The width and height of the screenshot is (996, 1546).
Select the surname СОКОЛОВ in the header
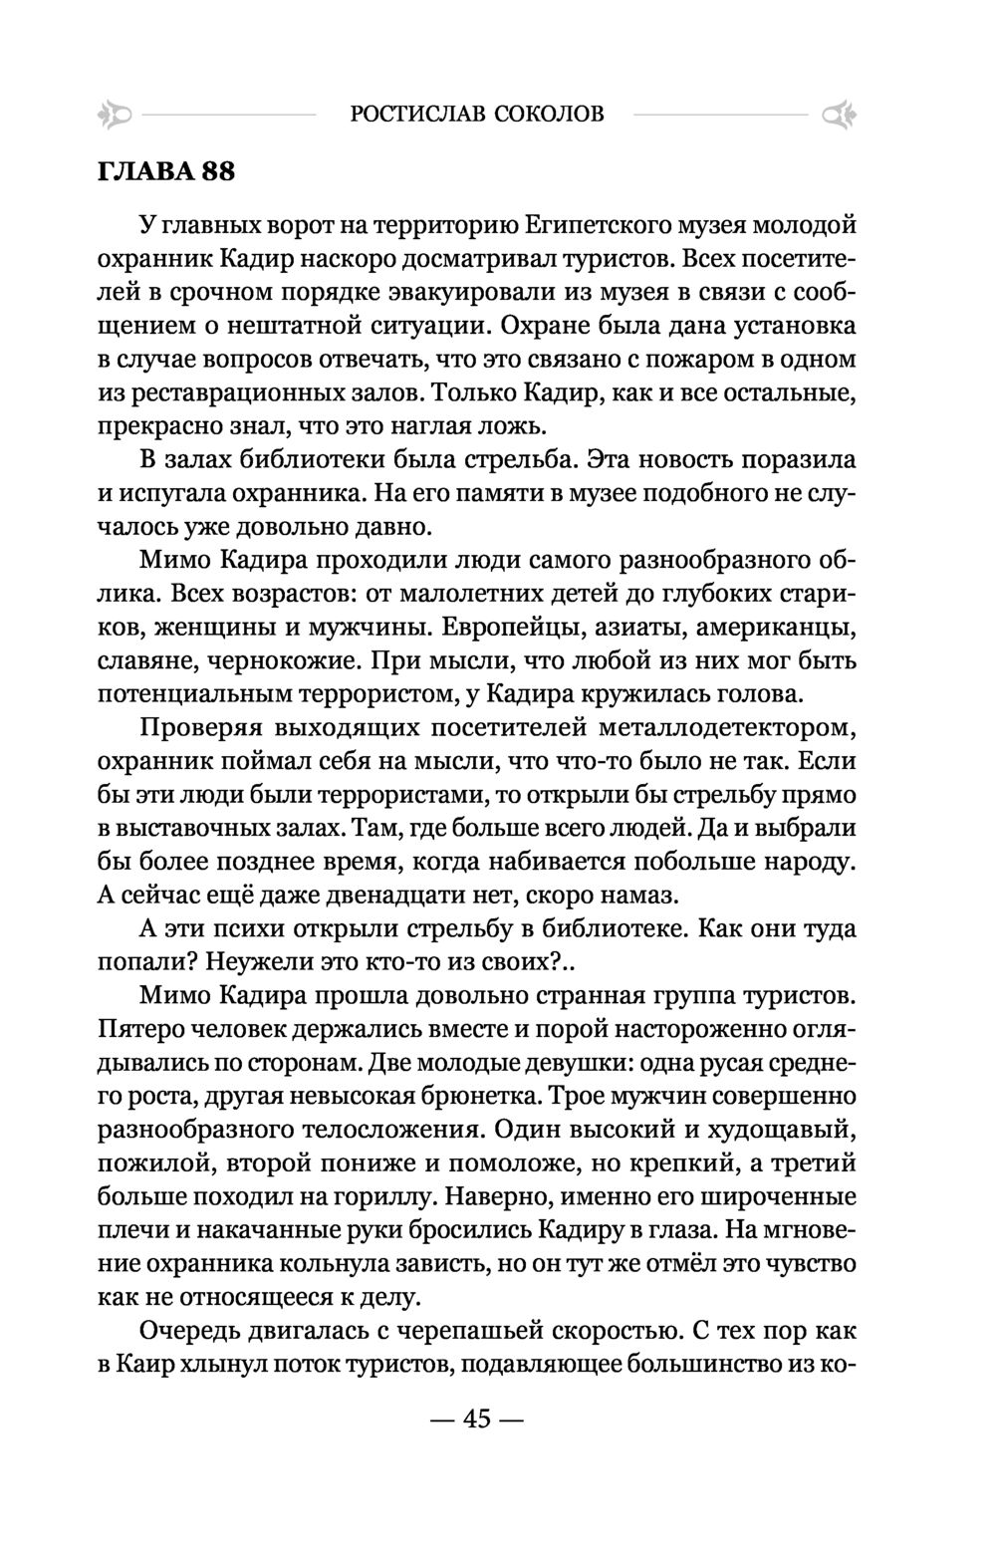[x=549, y=115]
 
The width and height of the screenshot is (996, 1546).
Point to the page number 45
[x=477, y=1418]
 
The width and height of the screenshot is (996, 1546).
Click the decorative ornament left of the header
[x=115, y=115]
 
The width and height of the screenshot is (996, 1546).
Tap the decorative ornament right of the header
[x=840, y=116]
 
